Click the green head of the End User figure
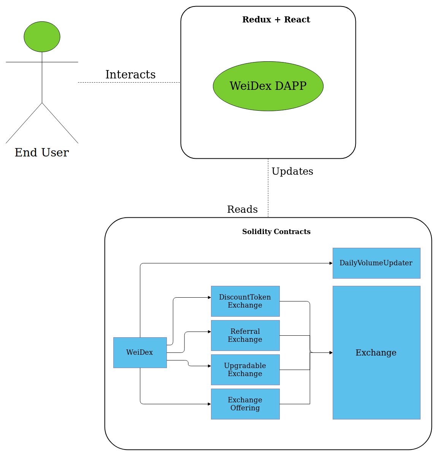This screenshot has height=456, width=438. [42, 37]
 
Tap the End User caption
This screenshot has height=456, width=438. [42, 152]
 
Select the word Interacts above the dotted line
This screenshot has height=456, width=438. [130, 75]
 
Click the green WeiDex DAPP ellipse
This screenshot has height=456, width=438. [268, 86]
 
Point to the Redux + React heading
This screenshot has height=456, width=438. [276, 19]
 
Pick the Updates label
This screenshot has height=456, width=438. [292, 172]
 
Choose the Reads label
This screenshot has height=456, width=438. [243, 209]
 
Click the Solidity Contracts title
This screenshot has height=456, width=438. [276, 231]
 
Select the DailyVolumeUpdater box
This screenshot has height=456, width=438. [376, 263]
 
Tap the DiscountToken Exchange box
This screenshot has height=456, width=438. [246, 301]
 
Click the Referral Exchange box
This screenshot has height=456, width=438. [246, 336]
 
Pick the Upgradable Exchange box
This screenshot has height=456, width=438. [246, 370]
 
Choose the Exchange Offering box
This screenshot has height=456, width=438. [246, 404]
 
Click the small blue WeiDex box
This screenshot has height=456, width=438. [140, 353]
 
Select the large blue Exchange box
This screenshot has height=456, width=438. [376, 353]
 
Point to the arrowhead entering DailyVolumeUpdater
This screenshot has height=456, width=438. [331, 263]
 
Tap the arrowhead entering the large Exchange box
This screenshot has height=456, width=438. [331, 353]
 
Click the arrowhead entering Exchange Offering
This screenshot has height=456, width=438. [209, 404]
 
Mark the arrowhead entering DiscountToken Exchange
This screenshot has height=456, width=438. [209, 298]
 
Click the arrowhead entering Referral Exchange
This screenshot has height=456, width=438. [209, 332]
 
